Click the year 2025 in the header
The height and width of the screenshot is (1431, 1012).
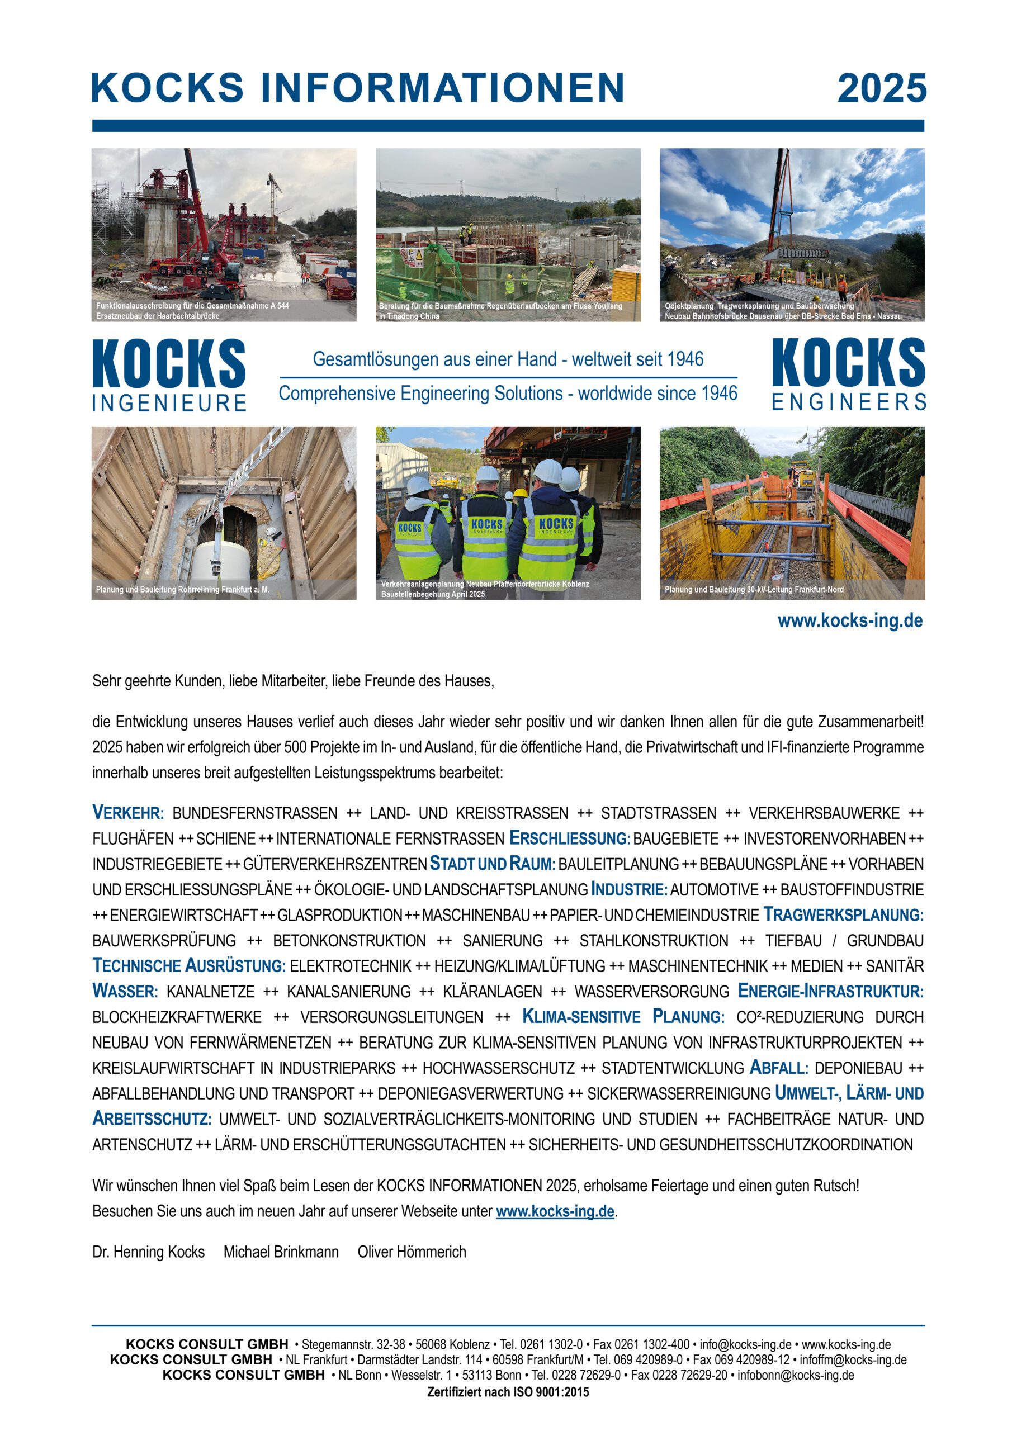click(881, 88)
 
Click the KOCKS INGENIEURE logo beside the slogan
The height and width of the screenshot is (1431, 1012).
click(169, 375)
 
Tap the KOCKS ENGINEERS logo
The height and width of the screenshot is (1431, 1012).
click(848, 375)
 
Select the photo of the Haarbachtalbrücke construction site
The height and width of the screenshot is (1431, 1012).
click(224, 234)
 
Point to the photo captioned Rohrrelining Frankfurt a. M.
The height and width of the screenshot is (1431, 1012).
click(224, 513)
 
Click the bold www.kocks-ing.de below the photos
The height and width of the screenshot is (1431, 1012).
click(850, 621)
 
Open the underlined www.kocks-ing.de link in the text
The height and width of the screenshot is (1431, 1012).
click(555, 1212)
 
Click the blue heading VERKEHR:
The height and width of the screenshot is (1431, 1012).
click(128, 813)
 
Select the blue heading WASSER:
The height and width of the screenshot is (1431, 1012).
click(125, 991)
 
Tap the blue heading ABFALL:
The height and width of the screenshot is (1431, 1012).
click(779, 1068)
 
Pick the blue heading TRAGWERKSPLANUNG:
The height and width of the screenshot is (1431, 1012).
click(843, 914)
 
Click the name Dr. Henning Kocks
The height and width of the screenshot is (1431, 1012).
click(148, 1252)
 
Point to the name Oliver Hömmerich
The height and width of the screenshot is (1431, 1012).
click(412, 1252)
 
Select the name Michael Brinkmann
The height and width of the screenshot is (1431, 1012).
click(281, 1252)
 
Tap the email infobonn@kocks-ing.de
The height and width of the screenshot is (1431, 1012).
click(795, 1375)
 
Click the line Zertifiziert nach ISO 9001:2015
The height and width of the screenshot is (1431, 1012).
click(508, 1392)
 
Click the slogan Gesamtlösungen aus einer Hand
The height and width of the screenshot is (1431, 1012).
click(508, 359)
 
